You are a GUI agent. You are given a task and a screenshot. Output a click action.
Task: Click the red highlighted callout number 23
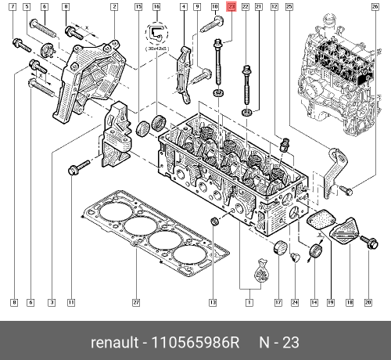tap(230, 6)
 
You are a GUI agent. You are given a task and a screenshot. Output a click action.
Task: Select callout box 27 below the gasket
tap(135, 302)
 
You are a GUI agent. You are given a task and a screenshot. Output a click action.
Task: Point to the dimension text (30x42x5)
tap(157, 48)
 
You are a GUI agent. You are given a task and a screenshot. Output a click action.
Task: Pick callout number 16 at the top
tap(156, 6)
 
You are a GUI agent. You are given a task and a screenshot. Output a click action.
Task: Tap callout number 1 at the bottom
tap(249, 302)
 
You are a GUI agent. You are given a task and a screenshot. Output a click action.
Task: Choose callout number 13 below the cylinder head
tap(212, 302)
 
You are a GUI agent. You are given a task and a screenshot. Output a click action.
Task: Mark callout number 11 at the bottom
tap(70, 302)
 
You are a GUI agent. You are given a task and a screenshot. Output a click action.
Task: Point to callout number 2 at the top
tap(114, 6)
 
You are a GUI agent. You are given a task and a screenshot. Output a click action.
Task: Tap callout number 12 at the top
tap(274, 6)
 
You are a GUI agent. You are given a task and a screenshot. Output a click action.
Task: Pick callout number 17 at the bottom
tap(277, 302)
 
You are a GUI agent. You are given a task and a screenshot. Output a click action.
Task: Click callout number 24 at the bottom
tap(295, 302)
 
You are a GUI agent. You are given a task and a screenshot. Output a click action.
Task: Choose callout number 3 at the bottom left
tap(52, 302)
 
